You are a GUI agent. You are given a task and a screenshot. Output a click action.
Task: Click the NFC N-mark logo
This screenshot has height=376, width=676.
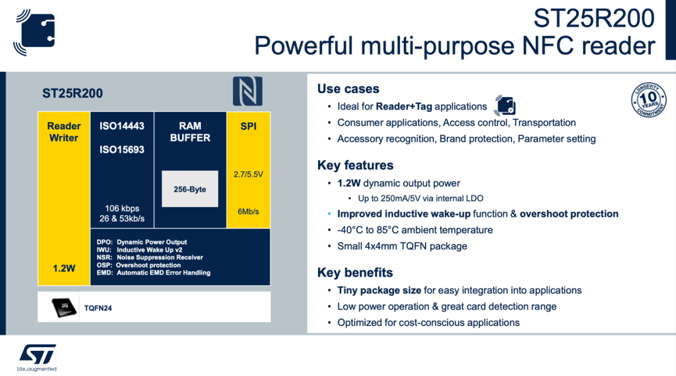[x=248, y=91]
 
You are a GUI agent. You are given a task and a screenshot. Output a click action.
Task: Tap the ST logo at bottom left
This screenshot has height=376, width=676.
[x=37, y=355]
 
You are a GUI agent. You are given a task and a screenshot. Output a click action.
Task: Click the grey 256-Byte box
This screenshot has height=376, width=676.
[x=190, y=189]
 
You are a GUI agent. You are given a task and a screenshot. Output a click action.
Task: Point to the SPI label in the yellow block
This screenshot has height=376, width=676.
[x=248, y=126]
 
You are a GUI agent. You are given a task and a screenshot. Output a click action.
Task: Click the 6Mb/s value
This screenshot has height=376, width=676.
[x=248, y=211]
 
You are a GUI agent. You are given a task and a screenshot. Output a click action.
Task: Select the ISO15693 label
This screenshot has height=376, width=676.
[x=122, y=150]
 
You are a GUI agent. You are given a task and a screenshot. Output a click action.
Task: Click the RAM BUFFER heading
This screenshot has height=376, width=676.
[x=190, y=131]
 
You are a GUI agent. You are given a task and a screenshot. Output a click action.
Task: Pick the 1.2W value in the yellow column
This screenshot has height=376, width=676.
[x=64, y=268]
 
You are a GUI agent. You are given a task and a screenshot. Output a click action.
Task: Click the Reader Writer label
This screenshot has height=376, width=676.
[x=64, y=131]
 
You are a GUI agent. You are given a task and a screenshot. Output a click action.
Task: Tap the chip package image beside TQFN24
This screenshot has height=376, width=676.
[x=64, y=307]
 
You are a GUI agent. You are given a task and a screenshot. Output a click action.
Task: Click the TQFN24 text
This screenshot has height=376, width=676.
[x=98, y=308]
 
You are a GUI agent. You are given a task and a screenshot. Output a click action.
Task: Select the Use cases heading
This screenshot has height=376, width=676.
[x=348, y=89]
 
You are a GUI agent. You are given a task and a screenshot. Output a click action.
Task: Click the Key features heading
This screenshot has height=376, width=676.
[x=356, y=165]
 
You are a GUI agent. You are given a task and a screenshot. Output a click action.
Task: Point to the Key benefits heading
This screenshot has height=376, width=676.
[x=355, y=273]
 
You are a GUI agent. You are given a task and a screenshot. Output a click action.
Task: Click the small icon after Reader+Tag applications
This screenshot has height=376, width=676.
[x=504, y=105]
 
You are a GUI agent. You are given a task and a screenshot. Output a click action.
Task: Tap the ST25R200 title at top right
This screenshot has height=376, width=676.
[x=593, y=18]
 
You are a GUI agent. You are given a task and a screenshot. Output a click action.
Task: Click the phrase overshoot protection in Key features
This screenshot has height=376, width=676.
[x=569, y=214]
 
